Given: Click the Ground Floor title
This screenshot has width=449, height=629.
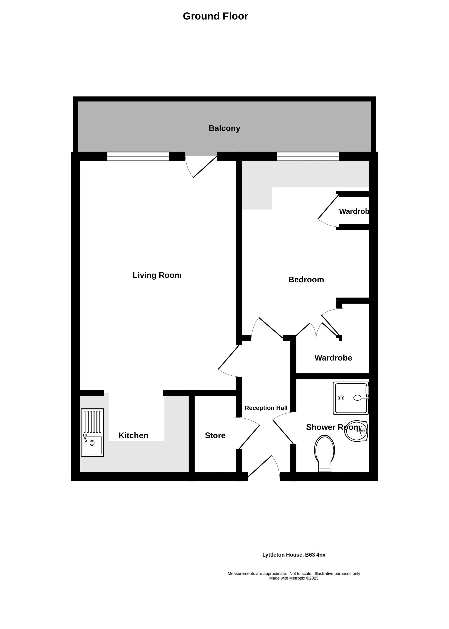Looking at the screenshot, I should pyautogui.click(x=215, y=16).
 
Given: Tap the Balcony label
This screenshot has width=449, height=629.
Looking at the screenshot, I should pyautogui.click(x=224, y=128).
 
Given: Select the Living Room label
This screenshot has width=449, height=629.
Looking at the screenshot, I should pyautogui.click(x=157, y=275).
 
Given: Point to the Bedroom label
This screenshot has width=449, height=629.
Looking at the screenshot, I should pyautogui.click(x=306, y=280).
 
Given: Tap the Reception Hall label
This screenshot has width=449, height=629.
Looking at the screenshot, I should pyautogui.click(x=266, y=408).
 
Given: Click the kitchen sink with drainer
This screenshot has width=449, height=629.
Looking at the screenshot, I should pyautogui.click(x=92, y=433).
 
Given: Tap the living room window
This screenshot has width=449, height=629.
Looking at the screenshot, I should pyautogui.click(x=138, y=156).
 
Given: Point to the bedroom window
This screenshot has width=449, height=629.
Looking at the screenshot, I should pyautogui.click(x=308, y=156).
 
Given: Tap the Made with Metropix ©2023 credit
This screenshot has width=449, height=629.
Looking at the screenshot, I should pyautogui.click(x=294, y=578).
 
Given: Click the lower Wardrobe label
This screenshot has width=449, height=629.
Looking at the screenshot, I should pyautogui.click(x=333, y=358).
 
